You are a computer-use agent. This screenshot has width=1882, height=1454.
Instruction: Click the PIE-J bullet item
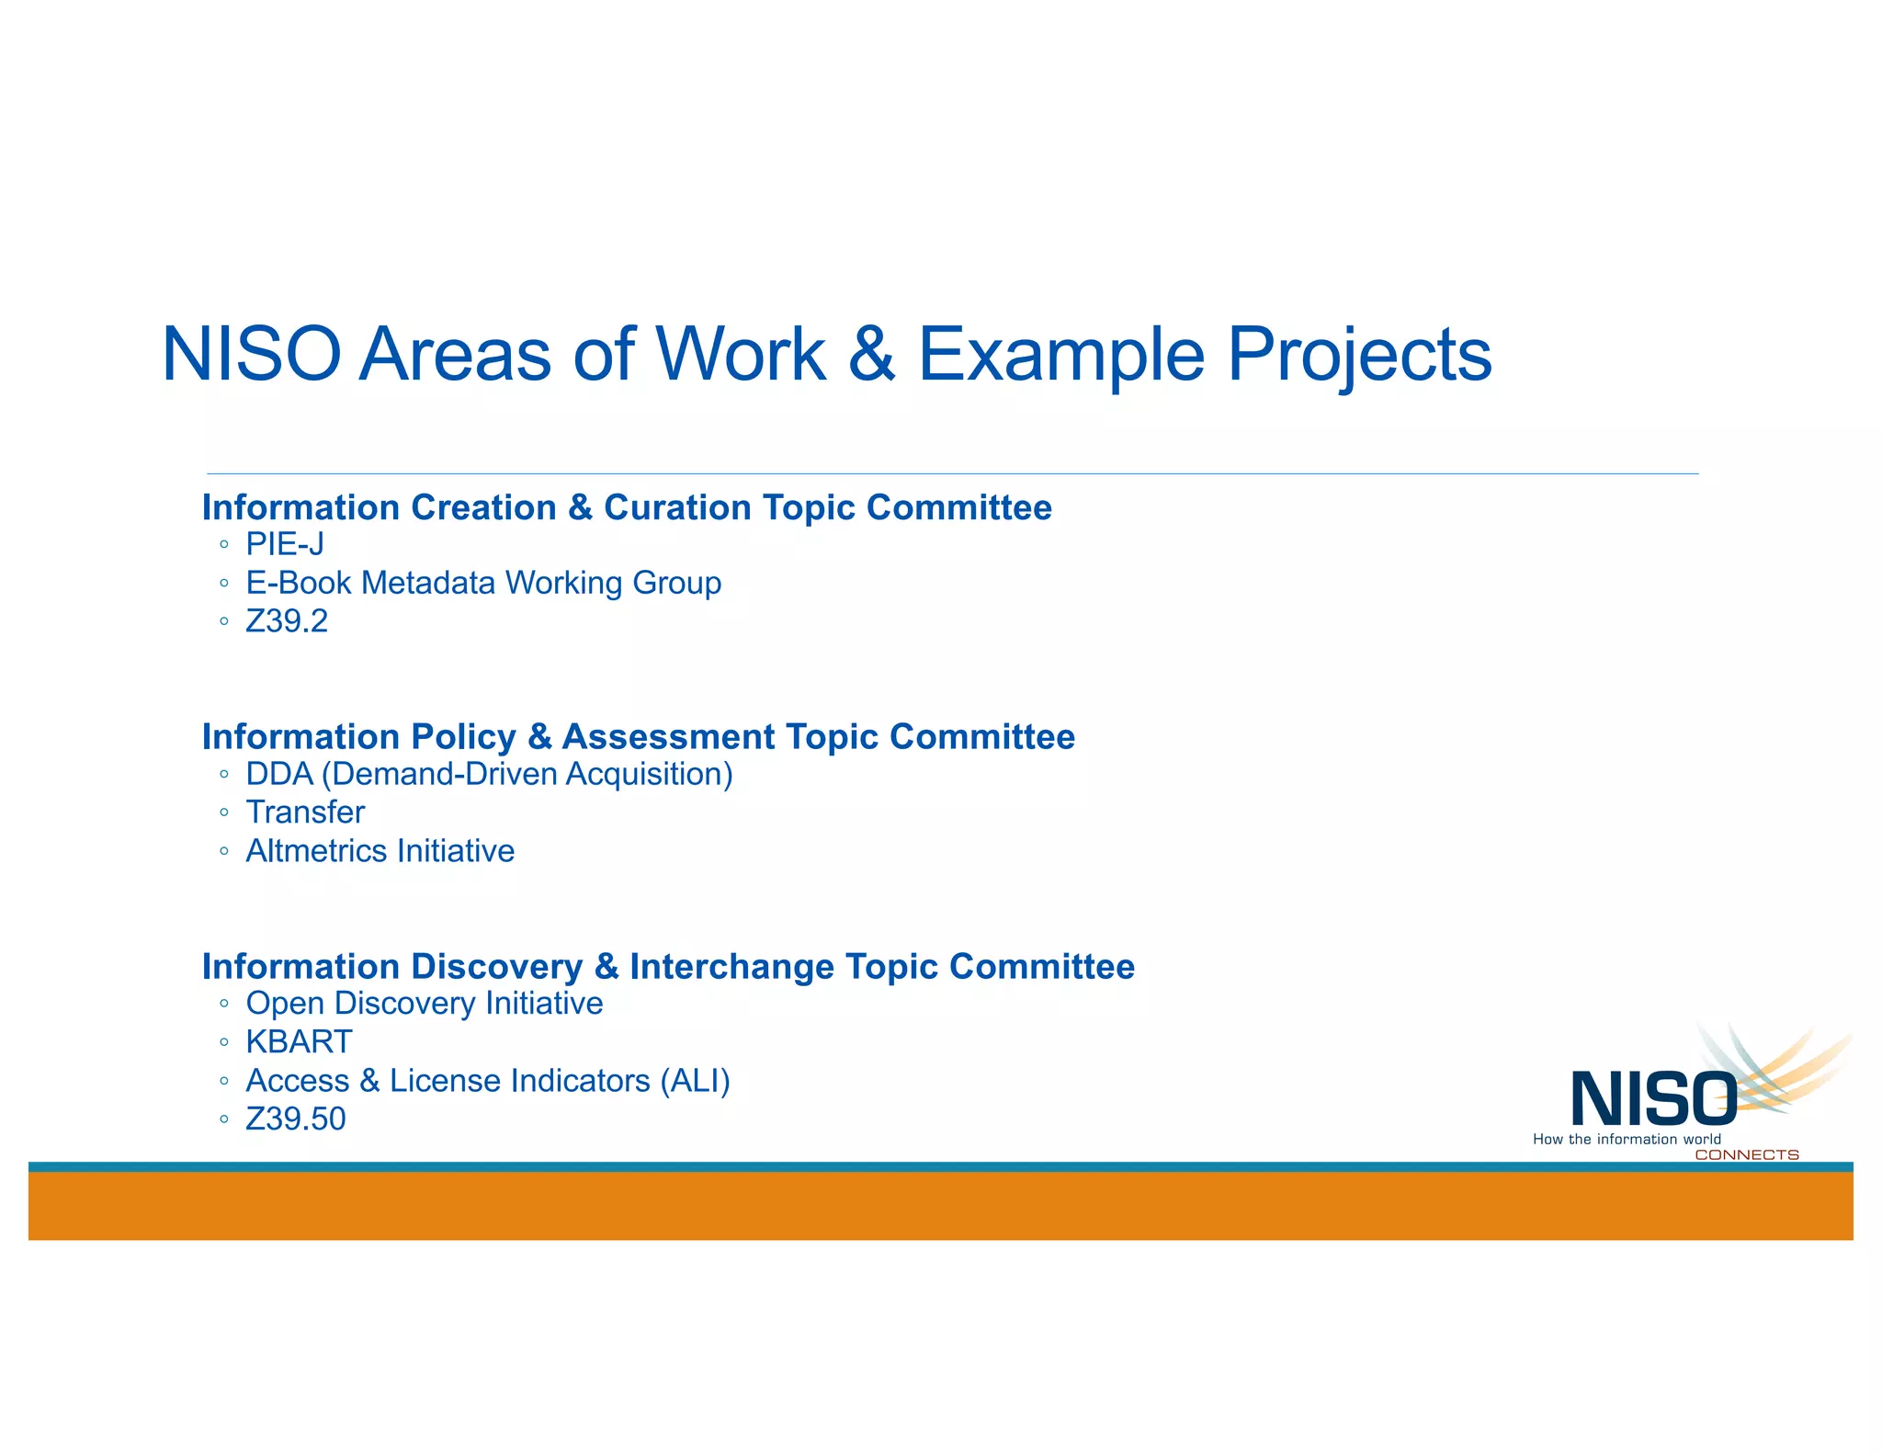click(x=285, y=545)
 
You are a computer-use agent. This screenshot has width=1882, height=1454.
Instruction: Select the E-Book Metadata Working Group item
click(x=483, y=584)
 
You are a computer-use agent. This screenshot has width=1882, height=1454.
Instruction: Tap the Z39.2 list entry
click(x=287, y=622)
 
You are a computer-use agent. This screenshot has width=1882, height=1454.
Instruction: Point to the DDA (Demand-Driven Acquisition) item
click(x=489, y=775)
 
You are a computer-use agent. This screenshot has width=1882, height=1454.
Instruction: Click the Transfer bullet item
click(x=305, y=813)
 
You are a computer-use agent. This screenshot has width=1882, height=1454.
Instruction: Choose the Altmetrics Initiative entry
click(x=380, y=852)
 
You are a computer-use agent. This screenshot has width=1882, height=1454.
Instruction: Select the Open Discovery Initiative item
click(x=424, y=1004)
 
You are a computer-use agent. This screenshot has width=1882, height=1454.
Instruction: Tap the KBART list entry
click(x=299, y=1042)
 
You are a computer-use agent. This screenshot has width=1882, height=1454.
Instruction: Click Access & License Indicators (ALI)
click(x=488, y=1081)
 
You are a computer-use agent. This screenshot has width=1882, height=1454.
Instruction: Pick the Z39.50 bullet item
click(x=296, y=1119)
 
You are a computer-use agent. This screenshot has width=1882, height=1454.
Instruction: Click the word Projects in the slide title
click(x=1359, y=355)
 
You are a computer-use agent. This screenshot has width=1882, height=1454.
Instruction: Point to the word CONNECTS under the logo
click(x=1746, y=1154)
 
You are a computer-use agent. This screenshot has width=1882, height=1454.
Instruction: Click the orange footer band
click(x=940, y=1206)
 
